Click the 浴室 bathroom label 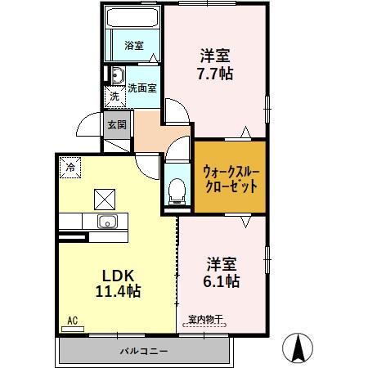[x=134, y=46]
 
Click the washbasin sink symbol [x=116, y=78]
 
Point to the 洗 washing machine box [x=114, y=96]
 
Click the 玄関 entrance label [x=116, y=125]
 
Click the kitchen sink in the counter [x=107, y=222]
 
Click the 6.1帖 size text [x=222, y=280]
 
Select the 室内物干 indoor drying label [x=204, y=319]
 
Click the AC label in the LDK [x=72, y=321]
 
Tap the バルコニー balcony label [x=143, y=351]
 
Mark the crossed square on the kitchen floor [x=105, y=199]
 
